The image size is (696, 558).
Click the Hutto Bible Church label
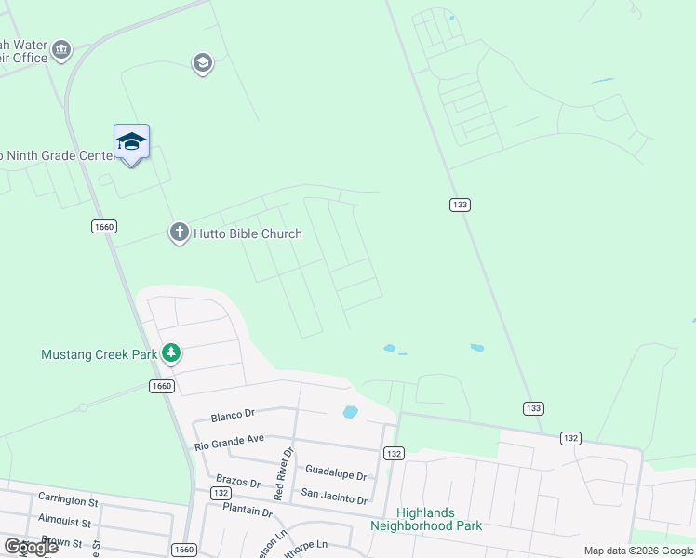pos(247,233)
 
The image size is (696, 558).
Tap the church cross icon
pos(179,232)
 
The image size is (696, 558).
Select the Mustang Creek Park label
pos(98,354)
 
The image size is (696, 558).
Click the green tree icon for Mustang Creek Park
pos(170,353)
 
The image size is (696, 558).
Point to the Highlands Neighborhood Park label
pos(426,519)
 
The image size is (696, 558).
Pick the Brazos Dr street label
pos(237,480)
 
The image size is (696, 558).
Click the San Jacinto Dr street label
pos(334,498)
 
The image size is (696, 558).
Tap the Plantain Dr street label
pos(248,511)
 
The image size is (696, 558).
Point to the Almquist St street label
pos(65,523)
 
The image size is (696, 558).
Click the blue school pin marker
pos(131,142)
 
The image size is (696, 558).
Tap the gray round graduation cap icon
pos(202,63)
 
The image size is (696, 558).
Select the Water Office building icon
pos(61,50)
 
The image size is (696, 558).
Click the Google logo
pos(30,547)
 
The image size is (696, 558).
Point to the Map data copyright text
pos(638,551)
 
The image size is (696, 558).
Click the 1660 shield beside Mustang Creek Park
pos(162,386)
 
